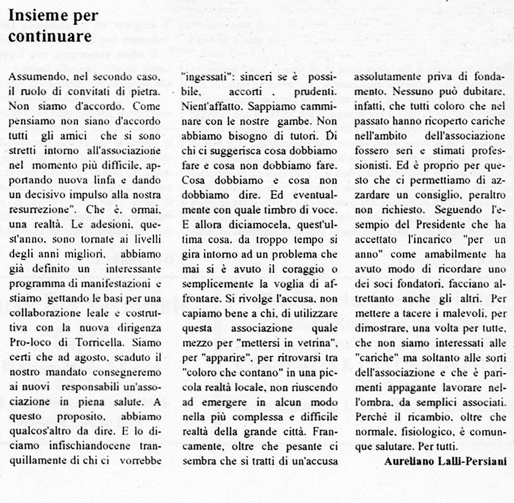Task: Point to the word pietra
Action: point(146,92)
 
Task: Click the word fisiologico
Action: point(425,416)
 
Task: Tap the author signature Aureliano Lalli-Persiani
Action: point(445,461)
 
